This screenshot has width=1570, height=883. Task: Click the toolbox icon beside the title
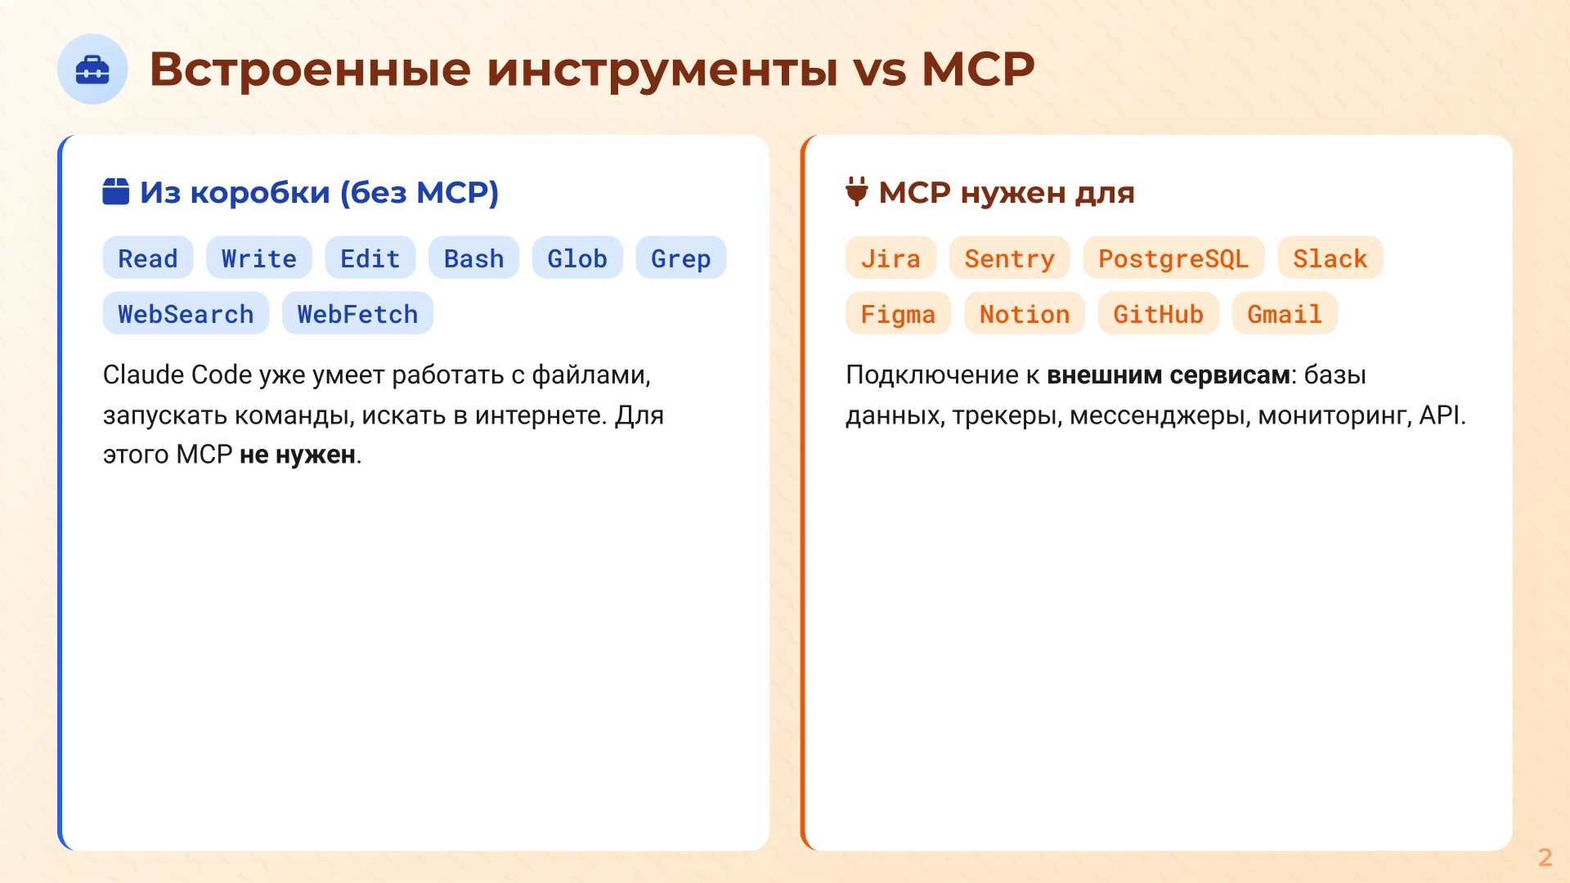(x=92, y=69)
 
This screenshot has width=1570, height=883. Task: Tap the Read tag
(x=148, y=258)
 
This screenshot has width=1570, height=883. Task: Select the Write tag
(x=259, y=258)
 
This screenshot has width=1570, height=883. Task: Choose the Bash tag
(x=473, y=258)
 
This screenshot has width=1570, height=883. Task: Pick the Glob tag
(x=577, y=258)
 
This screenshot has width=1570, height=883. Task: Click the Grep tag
(x=680, y=258)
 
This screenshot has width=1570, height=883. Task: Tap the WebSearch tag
(x=186, y=314)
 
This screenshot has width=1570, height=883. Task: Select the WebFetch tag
(x=357, y=314)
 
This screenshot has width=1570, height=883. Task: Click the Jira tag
(x=890, y=258)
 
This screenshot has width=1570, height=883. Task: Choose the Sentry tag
(x=1009, y=258)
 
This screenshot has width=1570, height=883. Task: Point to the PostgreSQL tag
(x=1173, y=258)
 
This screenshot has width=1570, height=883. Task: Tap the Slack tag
(x=1330, y=258)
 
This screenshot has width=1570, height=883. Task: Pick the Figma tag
(x=898, y=314)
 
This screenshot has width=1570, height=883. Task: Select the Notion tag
(x=1025, y=314)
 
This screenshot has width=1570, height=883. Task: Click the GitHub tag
(x=1158, y=314)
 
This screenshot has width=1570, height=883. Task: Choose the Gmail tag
(x=1285, y=314)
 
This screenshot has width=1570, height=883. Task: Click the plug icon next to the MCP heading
(x=856, y=191)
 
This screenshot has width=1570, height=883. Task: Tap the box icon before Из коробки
(x=116, y=191)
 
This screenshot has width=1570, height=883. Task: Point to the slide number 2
(x=1545, y=857)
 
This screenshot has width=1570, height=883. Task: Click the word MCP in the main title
(x=978, y=69)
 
